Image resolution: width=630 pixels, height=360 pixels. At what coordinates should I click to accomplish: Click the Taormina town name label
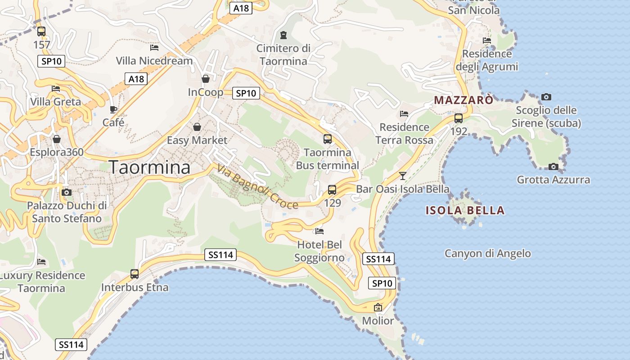tap(150, 167)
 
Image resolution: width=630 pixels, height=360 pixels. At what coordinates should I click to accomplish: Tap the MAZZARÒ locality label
tap(463, 100)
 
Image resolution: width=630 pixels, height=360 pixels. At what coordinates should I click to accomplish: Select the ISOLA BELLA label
tap(465, 210)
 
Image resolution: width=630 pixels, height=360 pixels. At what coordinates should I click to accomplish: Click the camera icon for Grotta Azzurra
tap(553, 167)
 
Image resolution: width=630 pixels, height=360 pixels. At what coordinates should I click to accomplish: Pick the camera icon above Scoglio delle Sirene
tap(546, 97)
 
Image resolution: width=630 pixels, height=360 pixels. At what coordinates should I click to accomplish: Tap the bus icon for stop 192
tap(459, 118)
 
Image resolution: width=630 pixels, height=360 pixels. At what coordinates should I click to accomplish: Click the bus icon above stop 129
tap(332, 190)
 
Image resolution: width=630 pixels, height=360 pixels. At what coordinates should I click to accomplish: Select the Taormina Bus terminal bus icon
tap(328, 139)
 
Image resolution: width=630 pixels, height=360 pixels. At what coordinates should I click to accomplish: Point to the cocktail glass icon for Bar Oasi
tap(403, 176)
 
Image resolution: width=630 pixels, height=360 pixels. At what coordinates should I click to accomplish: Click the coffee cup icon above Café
tap(113, 109)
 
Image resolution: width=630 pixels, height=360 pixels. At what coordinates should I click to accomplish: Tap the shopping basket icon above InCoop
tap(206, 79)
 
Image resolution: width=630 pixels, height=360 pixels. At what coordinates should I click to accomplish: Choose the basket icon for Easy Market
tap(197, 127)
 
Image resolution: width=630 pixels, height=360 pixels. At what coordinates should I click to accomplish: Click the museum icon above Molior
tap(378, 308)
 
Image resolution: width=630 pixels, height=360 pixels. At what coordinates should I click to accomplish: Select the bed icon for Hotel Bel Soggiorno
tap(319, 231)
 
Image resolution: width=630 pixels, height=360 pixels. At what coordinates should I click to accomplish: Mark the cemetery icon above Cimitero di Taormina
tap(283, 35)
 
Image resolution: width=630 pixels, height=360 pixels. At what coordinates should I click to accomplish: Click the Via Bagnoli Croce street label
tap(257, 187)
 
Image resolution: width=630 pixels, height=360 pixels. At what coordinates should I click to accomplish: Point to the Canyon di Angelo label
tap(488, 253)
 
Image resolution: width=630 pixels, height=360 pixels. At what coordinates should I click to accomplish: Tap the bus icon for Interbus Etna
tap(134, 274)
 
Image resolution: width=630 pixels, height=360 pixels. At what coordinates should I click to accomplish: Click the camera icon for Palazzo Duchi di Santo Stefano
tap(67, 193)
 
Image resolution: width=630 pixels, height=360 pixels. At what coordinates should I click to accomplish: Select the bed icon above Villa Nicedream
tap(154, 47)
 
